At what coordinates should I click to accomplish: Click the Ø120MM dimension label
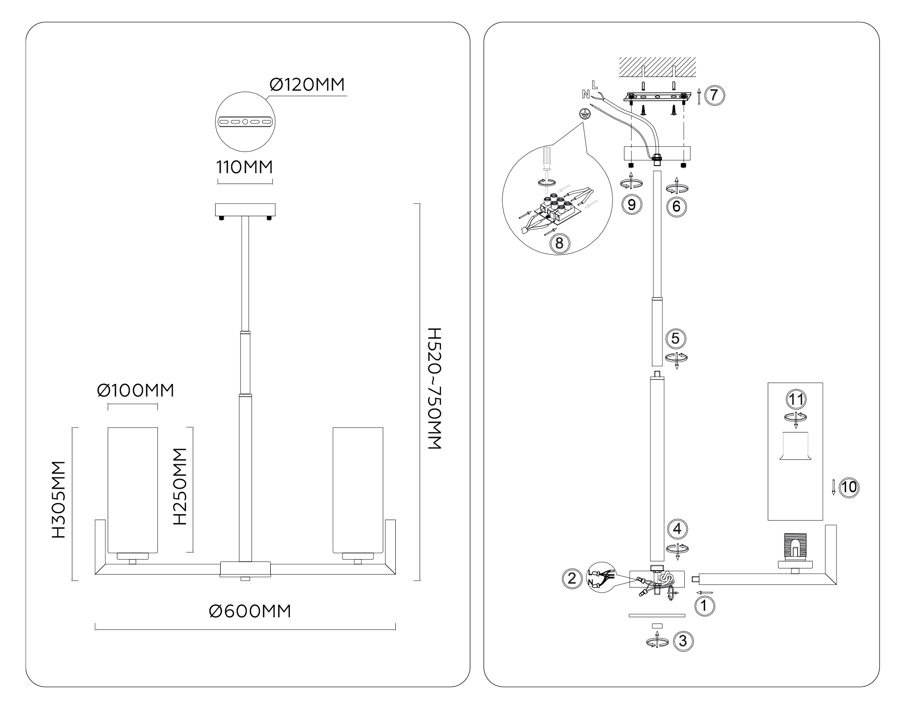307,85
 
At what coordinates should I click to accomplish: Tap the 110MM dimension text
245,167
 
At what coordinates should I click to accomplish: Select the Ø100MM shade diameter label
136,390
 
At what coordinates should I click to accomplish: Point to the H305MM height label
59,499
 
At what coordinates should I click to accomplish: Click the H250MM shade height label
180,486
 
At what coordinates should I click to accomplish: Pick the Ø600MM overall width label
250,611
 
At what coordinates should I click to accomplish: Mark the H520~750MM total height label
434,388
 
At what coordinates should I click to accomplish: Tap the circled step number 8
559,243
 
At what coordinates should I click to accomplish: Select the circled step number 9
631,205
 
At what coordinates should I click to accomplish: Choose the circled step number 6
677,206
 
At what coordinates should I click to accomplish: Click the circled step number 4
677,529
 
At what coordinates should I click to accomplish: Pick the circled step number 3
683,641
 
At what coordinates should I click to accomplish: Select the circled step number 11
796,400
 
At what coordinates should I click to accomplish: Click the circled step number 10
849,487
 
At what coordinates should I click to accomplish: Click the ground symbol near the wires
584,114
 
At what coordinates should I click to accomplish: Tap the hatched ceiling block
657,66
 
